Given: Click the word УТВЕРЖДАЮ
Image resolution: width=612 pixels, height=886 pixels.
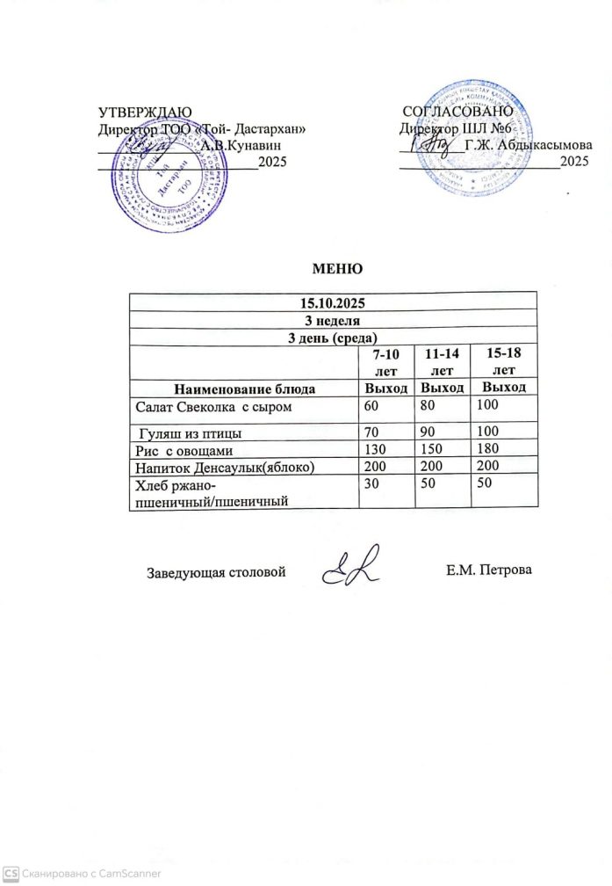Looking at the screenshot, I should pos(144,112).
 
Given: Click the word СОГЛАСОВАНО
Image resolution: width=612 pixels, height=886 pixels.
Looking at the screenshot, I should pos(456,112).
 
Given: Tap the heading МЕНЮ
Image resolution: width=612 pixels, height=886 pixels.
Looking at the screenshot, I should pos(333,268).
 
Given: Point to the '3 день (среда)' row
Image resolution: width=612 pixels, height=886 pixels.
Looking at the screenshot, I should pos(333,337).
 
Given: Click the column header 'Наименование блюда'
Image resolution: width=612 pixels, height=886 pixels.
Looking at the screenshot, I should pos(244,388).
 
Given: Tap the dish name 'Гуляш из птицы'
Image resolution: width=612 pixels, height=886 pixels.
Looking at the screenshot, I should pos(192,433).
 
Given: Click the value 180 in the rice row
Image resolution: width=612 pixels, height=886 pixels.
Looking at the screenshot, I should pos(488,450).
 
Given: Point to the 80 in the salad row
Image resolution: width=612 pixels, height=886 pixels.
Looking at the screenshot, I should pos(429,408).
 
